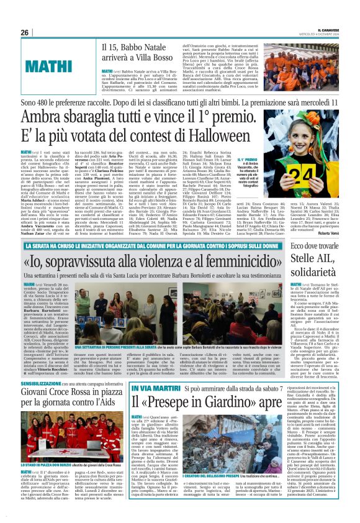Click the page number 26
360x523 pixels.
click(x=25, y=32)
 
